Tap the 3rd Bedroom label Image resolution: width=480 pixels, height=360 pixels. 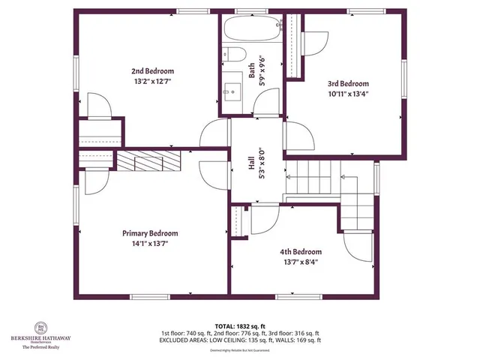[348, 84]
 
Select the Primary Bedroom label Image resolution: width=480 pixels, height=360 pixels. [150, 233]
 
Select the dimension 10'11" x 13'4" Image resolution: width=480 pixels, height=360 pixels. [348, 94]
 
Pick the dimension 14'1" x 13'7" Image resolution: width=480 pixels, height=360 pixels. [150, 244]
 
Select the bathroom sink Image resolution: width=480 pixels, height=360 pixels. [230, 91]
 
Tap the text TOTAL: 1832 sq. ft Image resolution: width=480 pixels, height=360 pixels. [239, 325]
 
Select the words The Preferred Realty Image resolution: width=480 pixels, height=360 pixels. [42, 347]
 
